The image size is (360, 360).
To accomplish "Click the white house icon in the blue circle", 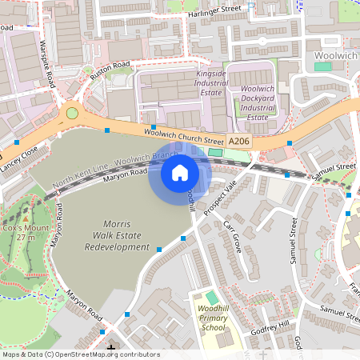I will click(x=180, y=172).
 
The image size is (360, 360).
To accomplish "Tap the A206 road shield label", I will click(x=239, y=141).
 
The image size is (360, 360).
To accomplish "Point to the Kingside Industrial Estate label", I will click(x=211, y=83).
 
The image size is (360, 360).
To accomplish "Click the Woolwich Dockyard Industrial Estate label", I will click(x=258, y=102).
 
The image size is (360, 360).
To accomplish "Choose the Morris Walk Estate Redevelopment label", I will click(x=118, y=234).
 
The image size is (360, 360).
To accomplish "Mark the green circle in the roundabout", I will click(x=72, y=113).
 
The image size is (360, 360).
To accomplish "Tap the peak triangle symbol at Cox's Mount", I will click(x=26, y=218).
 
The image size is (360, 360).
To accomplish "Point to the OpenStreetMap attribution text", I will click(x=80, y=354).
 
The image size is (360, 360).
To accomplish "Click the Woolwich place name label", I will click(x=336, y=54).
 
